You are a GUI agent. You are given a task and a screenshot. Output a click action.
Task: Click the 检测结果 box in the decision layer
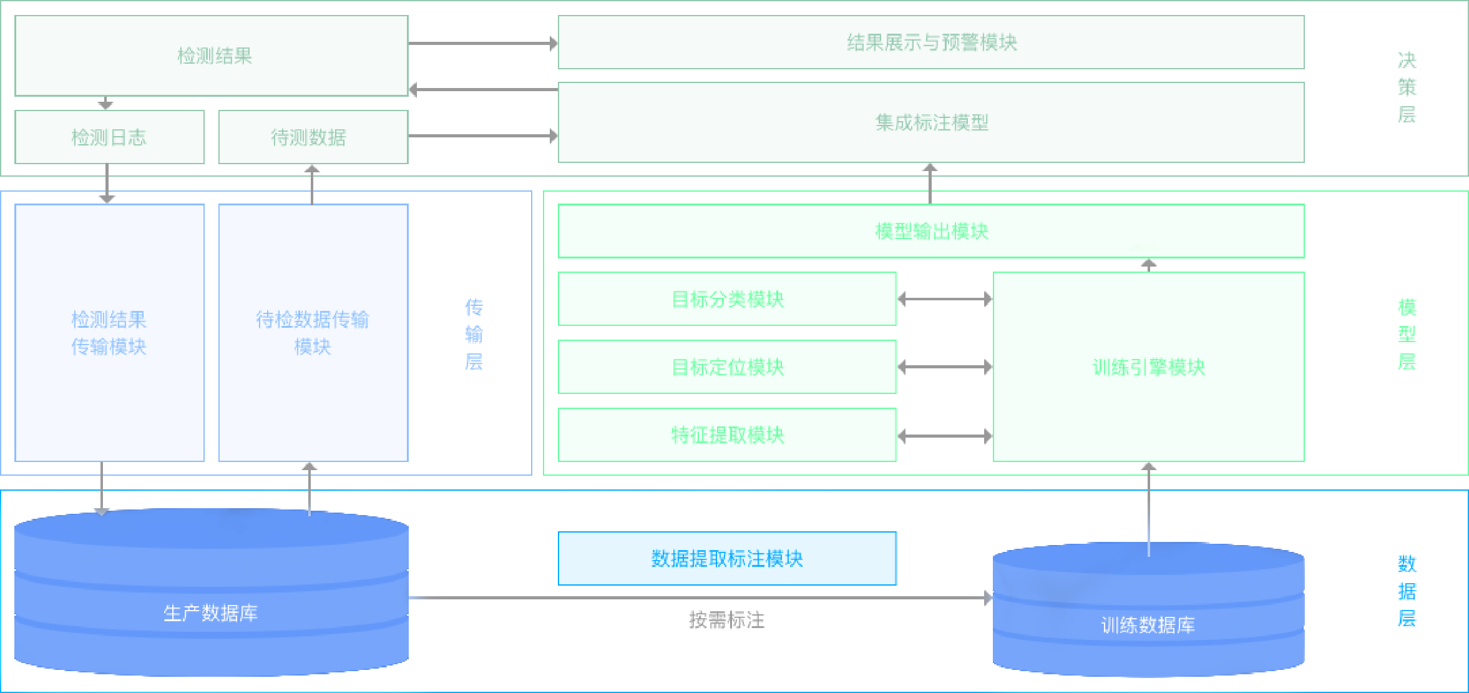pyautogui.click(x=212, y=56)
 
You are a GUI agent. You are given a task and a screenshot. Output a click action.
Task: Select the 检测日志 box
pyautogui.click(x=109, y=137)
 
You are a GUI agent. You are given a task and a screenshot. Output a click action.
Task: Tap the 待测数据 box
pyautogui.click(x=313, y=137)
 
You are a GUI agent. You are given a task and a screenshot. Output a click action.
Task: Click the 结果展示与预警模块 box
pyautogui.click(x=930, y=42)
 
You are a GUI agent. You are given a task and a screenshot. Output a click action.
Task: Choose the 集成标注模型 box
pyautogui.click(x=930, y=122)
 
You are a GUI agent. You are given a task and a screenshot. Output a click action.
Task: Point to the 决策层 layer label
pyautogui.click(x=1407, y=87)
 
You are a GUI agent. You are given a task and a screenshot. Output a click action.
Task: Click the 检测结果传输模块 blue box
pyautogui.click(x=109, y=333)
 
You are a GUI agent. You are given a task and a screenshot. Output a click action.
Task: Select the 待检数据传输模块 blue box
pyautogui.click(x=313, y=333)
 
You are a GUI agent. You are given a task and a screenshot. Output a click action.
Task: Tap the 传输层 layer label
pyautogui.click(x=474, y=335)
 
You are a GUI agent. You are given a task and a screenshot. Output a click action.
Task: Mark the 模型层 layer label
pyautogui.click(x=1407, y=335)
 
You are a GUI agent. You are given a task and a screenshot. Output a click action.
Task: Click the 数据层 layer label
pyautogui.click(x=1407, y=591)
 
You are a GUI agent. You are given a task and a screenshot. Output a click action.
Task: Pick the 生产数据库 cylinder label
pyautogui.click(x=211, y=613)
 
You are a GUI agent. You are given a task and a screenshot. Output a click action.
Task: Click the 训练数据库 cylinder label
pyautogui.click(x=1148, y=625)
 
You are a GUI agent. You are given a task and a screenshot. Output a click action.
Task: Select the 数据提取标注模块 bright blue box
pyautogui.click(x=727, y=558)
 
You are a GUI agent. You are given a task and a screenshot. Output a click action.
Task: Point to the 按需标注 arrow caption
pyautogui.click(x=726, y=620)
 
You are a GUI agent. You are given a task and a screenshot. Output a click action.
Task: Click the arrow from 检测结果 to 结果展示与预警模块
pyautogui.click(x=483, y=43)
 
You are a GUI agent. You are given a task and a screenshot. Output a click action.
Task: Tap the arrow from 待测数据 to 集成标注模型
pyautogui.click(x=483, y=135)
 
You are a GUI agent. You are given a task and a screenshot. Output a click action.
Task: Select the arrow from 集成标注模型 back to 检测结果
pyautogui.click(x=483, y=90)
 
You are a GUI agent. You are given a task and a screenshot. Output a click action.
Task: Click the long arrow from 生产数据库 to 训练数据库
pyautogui.click(x=699, y=597)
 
